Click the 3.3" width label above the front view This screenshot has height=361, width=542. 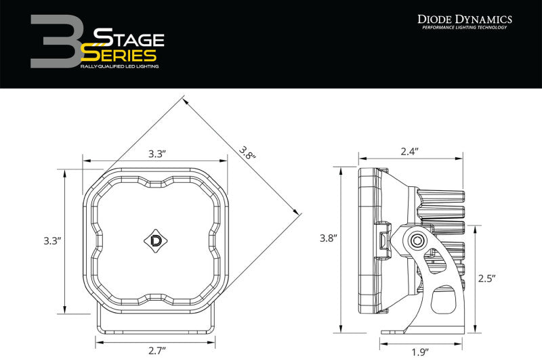(x=157, y=154)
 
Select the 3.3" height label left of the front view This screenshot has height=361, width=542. (x=52, y=240)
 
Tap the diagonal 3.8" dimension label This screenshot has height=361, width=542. (x=247, y=154)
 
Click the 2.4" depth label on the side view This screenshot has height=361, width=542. (x=410, y=151)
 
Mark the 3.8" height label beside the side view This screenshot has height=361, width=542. (x=329, y=238)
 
